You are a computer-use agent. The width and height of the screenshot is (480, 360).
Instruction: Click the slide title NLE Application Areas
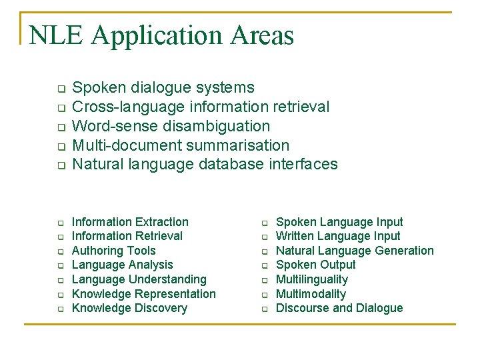161,35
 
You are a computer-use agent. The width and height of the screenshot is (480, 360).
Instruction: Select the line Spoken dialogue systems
163,87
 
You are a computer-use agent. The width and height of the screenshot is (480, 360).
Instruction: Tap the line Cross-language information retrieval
200,107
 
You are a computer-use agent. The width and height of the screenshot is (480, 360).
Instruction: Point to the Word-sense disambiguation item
171,126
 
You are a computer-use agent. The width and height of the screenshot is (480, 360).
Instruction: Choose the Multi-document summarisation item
180,145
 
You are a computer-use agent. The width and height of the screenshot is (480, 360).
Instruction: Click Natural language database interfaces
205,164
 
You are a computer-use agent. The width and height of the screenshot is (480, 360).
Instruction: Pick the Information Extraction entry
130,222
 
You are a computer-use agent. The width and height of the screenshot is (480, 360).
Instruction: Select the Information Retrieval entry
127,236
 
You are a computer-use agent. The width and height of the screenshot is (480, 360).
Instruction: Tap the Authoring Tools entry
113,251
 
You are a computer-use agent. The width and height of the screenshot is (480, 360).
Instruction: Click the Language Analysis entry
122,265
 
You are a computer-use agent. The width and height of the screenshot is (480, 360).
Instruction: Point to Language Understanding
139,279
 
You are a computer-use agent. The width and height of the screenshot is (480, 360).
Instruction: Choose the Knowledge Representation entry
143,294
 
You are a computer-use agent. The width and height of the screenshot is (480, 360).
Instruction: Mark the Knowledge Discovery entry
129,308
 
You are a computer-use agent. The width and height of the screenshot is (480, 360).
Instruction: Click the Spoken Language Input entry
339,222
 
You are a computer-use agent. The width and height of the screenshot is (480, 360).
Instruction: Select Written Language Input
338,236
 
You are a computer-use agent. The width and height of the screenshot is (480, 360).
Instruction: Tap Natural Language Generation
355,251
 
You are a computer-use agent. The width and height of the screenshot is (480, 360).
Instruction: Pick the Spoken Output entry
316,265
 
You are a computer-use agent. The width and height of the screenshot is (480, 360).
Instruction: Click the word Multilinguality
312,279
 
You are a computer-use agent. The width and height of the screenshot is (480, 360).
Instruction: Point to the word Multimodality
311,294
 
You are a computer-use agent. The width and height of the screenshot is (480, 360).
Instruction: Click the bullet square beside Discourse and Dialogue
264,309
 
